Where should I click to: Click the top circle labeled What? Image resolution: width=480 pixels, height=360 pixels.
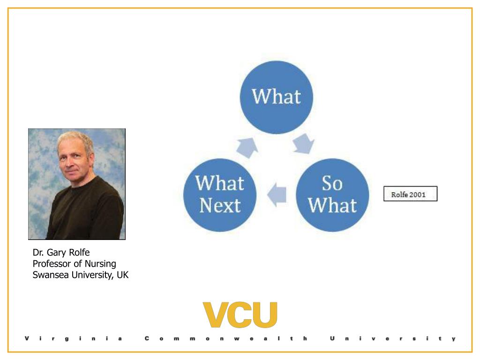(277, 97)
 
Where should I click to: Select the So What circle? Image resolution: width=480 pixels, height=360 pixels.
(332, 195)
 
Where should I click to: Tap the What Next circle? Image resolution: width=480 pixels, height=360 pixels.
(220, 195)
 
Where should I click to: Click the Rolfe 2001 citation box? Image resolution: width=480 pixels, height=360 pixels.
(410, 194)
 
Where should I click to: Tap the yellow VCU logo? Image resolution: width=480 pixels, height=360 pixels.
(240, 315)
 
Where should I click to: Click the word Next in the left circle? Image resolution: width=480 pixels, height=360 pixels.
(219, 205)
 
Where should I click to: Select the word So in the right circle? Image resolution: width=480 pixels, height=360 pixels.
(332, 184)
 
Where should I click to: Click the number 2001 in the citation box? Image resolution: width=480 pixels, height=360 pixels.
(417, 194)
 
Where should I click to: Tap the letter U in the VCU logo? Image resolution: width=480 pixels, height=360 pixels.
(265, 315)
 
